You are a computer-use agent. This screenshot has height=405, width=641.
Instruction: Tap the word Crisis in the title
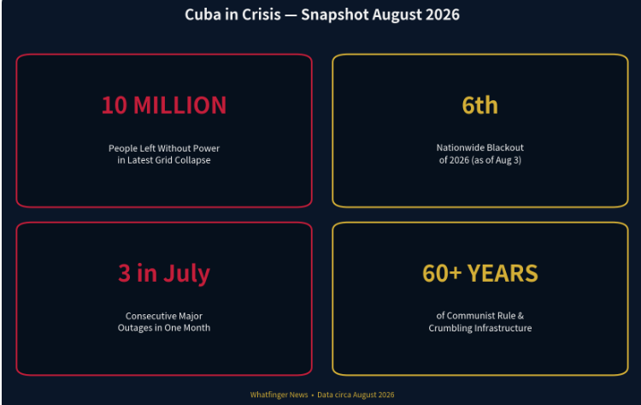tap(262, 15)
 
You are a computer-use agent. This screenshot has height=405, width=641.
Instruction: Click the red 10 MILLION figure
tap(164, 105)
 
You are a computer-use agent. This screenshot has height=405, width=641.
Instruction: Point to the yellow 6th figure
tap(480, 105)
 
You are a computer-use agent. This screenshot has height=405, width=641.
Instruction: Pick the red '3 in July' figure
tap(164, 274)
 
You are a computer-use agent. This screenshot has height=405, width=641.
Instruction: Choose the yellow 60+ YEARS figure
tap(480, 273)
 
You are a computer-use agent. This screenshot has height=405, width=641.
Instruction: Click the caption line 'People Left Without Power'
tap(164, 148)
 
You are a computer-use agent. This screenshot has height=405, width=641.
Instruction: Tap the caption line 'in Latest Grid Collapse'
tap(164, 160)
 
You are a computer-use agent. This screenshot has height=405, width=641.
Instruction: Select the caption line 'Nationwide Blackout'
tap(480, 147)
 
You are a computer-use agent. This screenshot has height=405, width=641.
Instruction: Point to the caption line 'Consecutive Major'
tap(164, 316)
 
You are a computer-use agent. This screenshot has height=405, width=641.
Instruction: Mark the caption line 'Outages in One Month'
tap(164, 328)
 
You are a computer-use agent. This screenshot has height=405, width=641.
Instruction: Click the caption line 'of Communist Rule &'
tap(480, 316)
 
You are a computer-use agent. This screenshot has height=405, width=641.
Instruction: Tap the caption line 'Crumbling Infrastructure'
tap(480, 328)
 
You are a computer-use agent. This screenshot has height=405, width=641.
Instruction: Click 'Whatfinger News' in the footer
tap(279, 395)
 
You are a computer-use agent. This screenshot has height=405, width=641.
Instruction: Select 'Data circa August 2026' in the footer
tap(356, 395)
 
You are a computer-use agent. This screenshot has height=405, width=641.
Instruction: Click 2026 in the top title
tap(443, 15)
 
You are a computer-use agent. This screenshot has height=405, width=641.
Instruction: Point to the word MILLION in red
tap(179, 105)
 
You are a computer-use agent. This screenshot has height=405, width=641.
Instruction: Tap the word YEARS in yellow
tap(503, 273)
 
